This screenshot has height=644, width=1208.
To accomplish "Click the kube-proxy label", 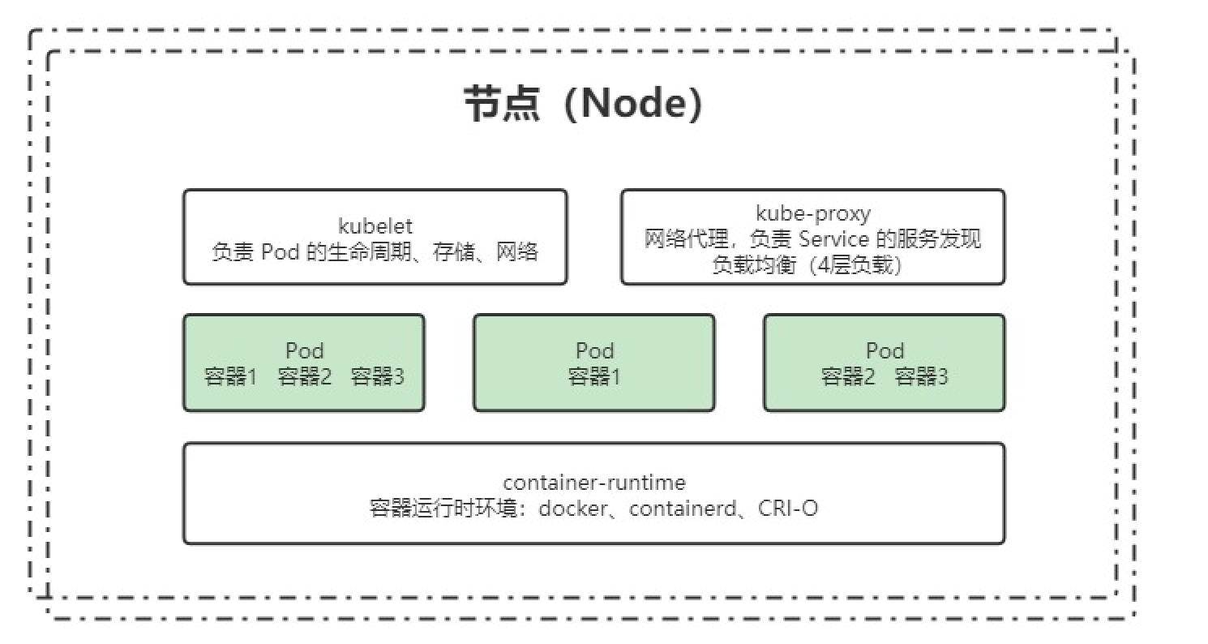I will (x=812, y=213).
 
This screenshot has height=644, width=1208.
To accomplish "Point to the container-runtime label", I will (x=593, y=483).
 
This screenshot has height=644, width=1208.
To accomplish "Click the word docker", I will (x=572, y=509).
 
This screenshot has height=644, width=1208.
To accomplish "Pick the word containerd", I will (x=684, y=509).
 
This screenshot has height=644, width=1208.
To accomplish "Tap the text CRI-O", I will (x=788, y=509).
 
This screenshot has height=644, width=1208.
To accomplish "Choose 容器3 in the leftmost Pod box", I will (x=377, y=377).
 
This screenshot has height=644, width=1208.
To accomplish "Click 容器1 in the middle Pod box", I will (x=593, y=377).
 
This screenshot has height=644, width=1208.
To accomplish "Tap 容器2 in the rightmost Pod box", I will (x=847, y=377).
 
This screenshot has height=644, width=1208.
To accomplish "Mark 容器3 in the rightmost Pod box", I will (x=921, y=377).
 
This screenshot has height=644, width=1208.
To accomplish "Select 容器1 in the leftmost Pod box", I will (x=230, y=377).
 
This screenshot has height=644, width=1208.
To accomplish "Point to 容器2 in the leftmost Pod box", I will (x=304, y=377).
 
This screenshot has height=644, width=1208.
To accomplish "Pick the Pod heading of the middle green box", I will (x=594, y=351).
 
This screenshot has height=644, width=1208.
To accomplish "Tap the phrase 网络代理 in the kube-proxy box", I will (x=679, y=239).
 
